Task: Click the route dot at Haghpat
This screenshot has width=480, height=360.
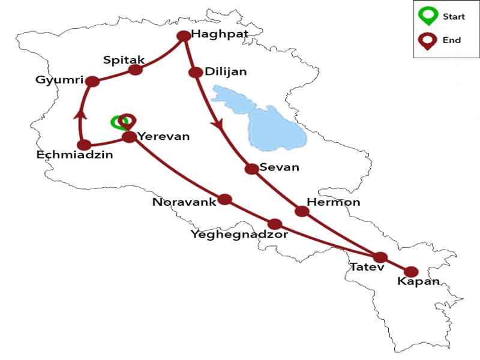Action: [x=184, y=36]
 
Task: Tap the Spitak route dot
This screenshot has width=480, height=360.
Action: [x=136, y=70]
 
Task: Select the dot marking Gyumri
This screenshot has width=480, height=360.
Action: [x=92, y=82]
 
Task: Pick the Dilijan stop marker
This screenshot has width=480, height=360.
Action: [x=195, y=72]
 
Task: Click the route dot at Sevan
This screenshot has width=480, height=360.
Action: [x=252, y=169]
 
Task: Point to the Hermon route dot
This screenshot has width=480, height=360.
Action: [x=302, y=211]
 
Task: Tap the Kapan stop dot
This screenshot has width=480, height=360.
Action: [x=411, y=272]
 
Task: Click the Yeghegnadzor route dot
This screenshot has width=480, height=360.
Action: [x=275, y=224]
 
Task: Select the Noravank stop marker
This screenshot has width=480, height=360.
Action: [x=224, y=199]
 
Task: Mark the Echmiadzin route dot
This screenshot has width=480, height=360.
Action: [x=85, y=145]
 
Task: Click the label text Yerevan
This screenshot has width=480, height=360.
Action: [x=164, y=136]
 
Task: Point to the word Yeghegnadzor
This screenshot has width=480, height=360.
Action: [x=239, y=235]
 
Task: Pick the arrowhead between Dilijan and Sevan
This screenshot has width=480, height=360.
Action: [x=218, y=125]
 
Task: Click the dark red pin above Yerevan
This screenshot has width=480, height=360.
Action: [x=125, y=120]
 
